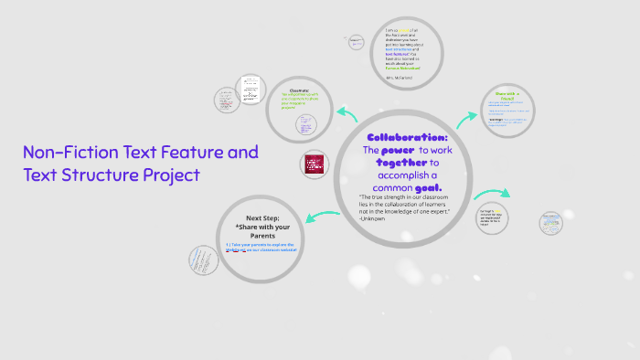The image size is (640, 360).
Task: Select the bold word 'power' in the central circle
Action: click(398, 150)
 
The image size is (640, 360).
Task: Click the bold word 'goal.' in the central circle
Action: click(427, 187)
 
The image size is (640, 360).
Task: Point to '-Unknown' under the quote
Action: click(373, 218)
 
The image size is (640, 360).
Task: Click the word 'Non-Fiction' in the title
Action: click(69, 152)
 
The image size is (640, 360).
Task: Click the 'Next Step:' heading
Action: click(262, 217)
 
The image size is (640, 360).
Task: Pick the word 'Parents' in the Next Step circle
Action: click(262, 236)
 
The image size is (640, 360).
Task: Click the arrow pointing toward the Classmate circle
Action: click(347, 113)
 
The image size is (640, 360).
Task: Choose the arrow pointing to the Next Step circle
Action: click(322, 217)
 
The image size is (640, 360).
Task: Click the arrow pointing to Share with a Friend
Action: click(468, 116)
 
